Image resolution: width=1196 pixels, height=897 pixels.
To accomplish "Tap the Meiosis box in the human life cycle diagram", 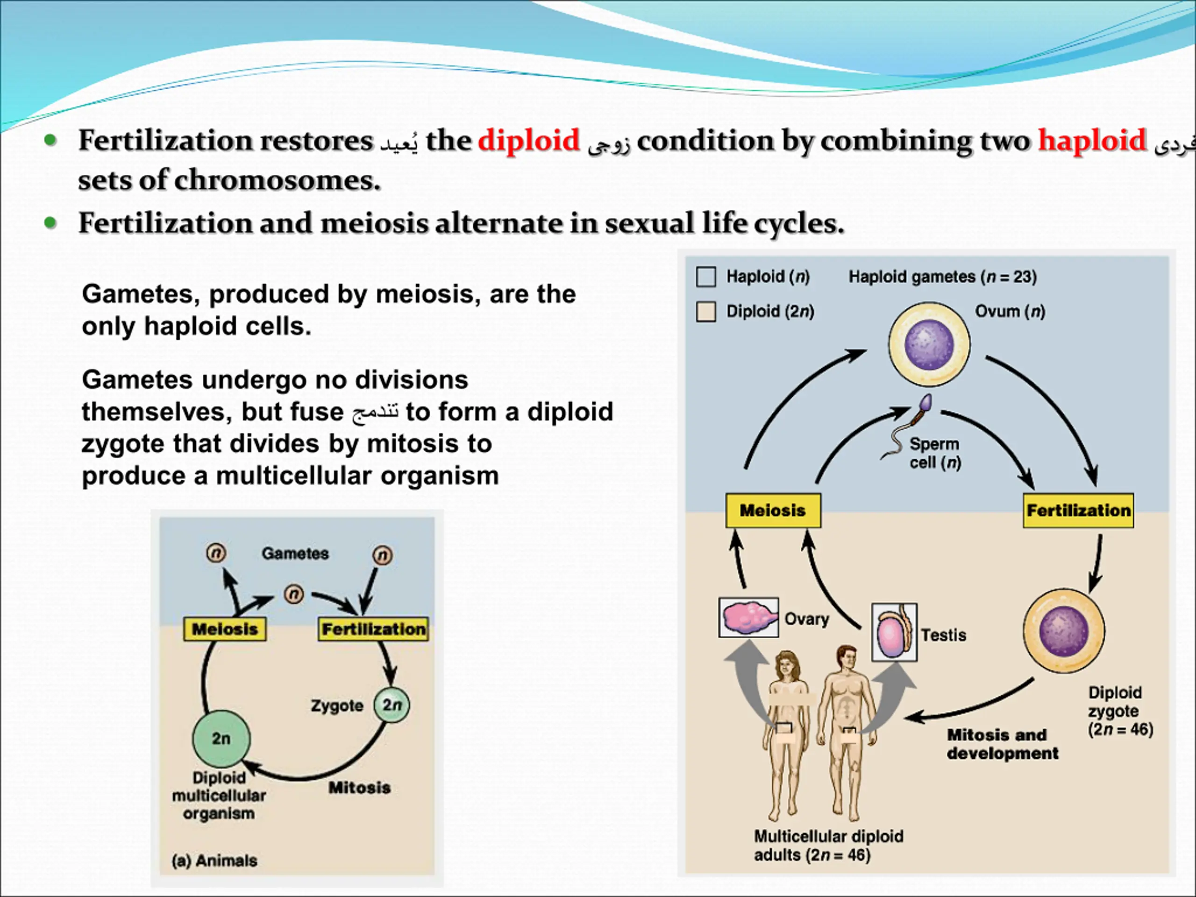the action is [x=773, y=511].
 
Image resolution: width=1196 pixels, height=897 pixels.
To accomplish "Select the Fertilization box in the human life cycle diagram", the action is [x=1078, y=511].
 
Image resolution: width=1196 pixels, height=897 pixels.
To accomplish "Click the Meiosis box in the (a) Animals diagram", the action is [x=225, y=629].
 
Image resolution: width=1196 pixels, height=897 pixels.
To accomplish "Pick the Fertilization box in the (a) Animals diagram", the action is [x=373, y=629].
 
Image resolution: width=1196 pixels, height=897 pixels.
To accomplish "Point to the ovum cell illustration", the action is [x=929, y=344].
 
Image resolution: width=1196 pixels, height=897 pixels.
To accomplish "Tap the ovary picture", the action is [x=749, y=618].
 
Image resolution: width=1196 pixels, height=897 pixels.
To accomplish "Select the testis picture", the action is [x=894, y=632].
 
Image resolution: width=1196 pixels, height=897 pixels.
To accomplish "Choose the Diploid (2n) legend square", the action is [x=706, y=312].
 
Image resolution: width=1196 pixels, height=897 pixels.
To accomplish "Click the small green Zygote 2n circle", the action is [x=392, y=705].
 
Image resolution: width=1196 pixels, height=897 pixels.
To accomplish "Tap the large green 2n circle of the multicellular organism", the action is [x=221, y=739].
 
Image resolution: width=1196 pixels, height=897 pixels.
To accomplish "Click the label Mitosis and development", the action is [x=1003, y=744].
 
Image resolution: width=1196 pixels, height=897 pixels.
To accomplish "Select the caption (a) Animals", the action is [x=214, y=860].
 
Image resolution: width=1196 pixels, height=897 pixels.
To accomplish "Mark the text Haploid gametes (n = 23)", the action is [x=942, y=277].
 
